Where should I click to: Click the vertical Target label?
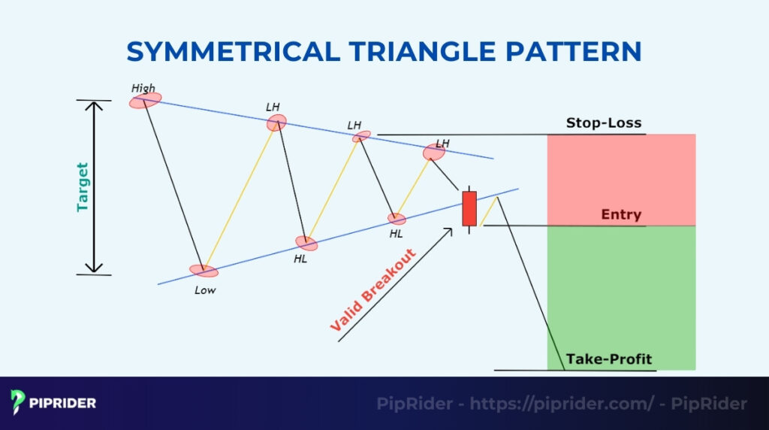pyautogui.click(x=82, y=186)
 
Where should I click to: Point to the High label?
pyautogui.click(x=143, y=88)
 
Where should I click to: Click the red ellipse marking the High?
pyautogui.click(x=145, y=99)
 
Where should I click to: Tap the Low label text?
pyautogui.click(x=204, y=289)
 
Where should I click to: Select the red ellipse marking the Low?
pyautogui.click(x=203, y=271)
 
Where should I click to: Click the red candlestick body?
pyautogui.click(x=469, y=208)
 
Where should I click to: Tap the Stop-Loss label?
pyautogui.click(x=604, y=123)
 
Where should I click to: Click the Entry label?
pyautogui.click(x=621, y=215)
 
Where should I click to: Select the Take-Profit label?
pyautogui.click(x=609, y=359)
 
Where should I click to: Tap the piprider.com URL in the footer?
pyautogui.click(x=560, y=404)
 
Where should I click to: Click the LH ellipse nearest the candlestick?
pyautogui.click(x=434, y=153)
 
